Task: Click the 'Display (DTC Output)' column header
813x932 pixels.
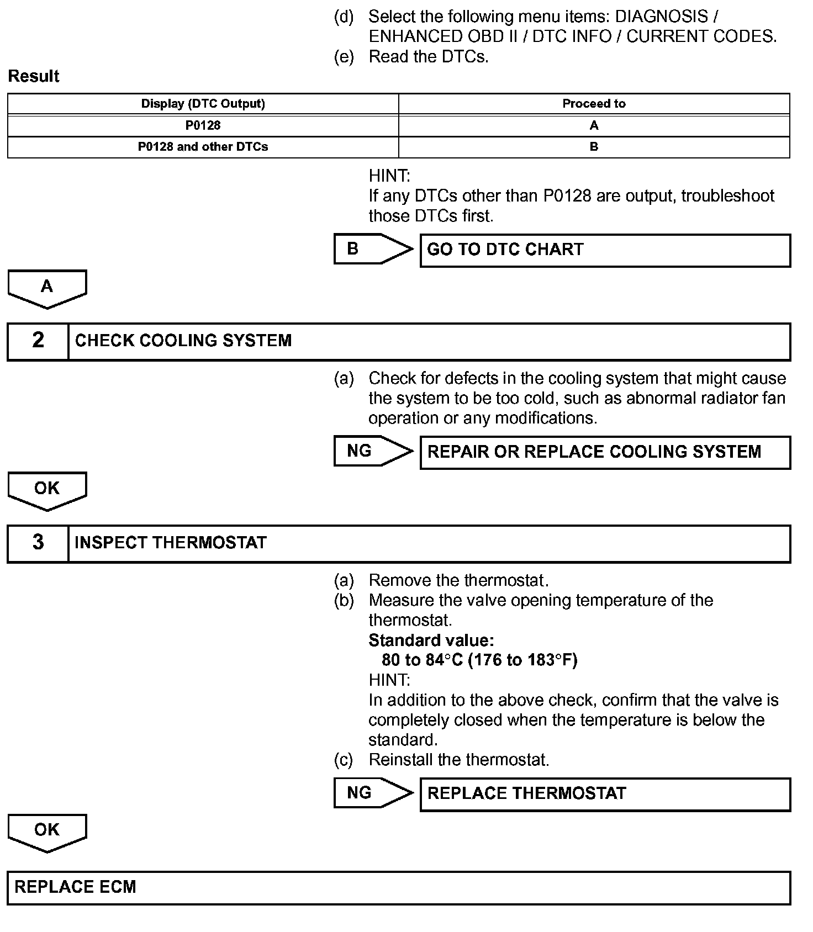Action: point(203,104)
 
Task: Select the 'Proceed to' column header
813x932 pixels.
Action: point(594,104)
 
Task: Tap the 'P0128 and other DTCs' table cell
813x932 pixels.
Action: point(203,147)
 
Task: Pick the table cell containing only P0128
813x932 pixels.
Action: point(203,125)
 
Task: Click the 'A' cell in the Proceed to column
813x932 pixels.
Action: point(594,125)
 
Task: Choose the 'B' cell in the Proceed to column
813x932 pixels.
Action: point(594,147)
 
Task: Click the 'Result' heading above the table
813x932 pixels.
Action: point(34,76)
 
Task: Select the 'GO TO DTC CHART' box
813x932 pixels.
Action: point(605,250)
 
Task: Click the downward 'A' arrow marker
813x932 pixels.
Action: point(47,288)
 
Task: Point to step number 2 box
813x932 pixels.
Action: point(38,341)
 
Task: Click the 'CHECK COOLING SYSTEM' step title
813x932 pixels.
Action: point(183,341)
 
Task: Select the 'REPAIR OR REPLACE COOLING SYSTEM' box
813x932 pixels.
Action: point(605,452)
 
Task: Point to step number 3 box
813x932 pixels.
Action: point(38,543)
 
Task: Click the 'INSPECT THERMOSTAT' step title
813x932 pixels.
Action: point(171,543)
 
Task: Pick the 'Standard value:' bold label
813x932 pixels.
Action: point(431,640)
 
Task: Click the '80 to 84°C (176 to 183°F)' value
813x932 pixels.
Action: point(479,660)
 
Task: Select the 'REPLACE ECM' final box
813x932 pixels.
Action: point(398,888)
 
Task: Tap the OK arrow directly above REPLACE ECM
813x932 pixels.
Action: point(47,832)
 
